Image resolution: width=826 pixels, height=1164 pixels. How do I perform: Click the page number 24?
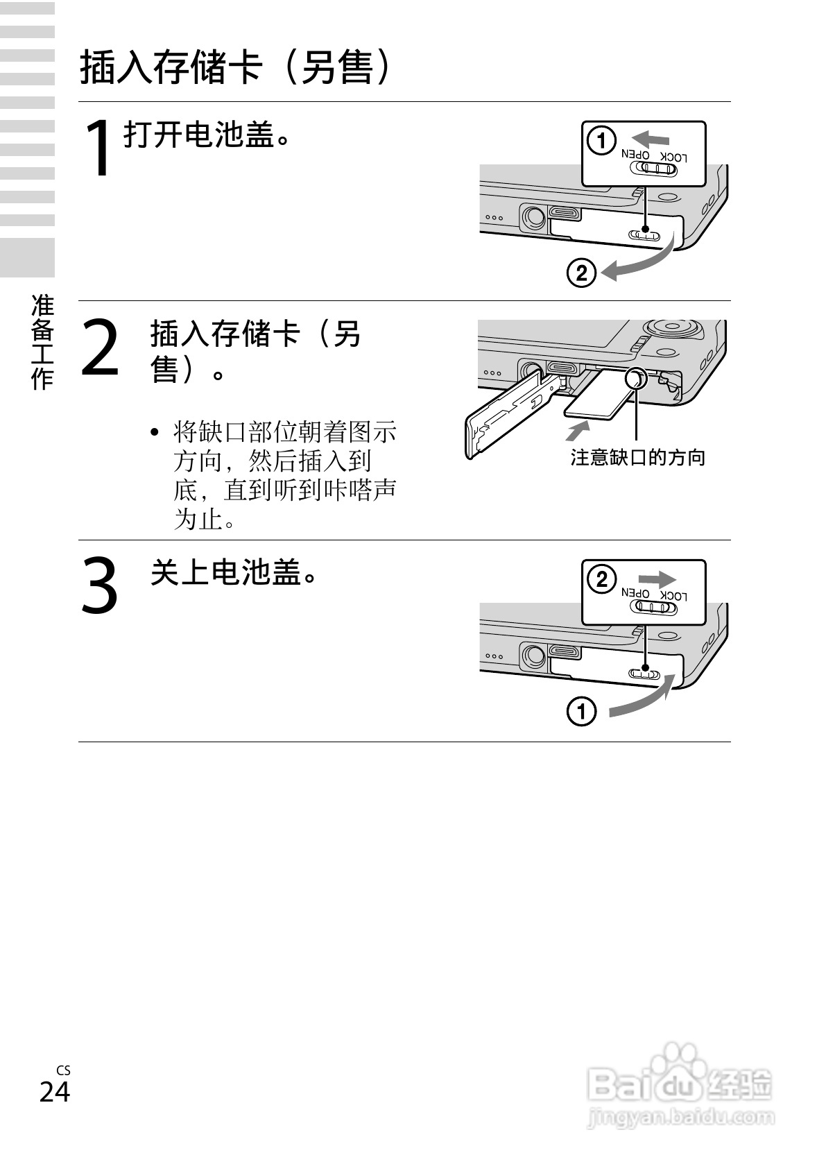click(x=55, y=1091)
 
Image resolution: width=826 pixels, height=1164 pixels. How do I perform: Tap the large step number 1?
click(x=98, y=148)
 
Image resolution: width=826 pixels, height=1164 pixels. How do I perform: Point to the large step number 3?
click(x=101, y=585)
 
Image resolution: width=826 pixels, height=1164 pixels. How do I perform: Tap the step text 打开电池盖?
click(x=206, y=135)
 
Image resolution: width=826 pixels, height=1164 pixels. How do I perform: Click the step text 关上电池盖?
click(x=234, y=572)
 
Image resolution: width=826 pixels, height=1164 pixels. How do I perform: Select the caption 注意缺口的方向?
click(x=637, y=457)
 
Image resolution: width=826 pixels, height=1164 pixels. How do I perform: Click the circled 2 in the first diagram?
click(x=581, y=273)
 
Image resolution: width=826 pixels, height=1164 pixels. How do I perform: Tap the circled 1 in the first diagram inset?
click(x=601, y=141)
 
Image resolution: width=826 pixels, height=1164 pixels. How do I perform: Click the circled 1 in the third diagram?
click(x=581, y=712)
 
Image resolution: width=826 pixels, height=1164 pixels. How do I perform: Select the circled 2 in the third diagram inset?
click(x=601, y=579)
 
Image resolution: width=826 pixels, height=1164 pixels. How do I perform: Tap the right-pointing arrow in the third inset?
click(x=657, y=579)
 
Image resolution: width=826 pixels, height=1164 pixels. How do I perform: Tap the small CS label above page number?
click(x=63, y=1070)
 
